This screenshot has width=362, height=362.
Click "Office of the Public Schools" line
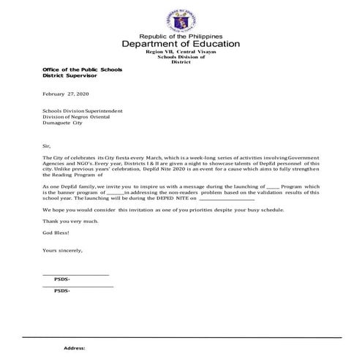coord(81,69)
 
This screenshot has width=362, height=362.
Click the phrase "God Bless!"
coord(56,231)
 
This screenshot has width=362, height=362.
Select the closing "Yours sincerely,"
coord(63,251)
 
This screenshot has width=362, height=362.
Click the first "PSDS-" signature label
coord(63,279)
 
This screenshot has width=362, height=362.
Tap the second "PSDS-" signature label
coord(63,291)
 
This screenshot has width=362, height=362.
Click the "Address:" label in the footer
coord(75,348)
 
